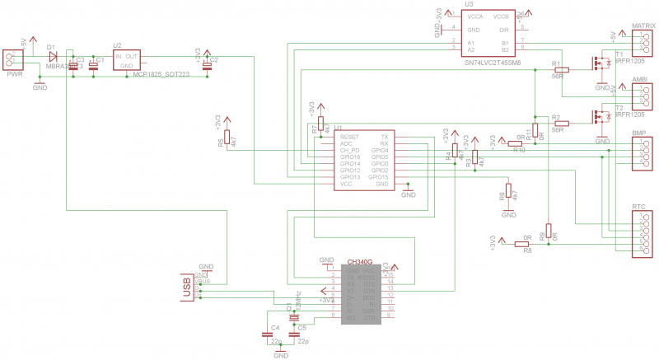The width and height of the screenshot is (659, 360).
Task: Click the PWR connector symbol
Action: coord(14,58)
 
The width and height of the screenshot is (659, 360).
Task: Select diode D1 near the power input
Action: coord(54,57)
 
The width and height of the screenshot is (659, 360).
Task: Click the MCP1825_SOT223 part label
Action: coord(161,73)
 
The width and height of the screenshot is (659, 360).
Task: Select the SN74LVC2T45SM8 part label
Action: coord(492,62)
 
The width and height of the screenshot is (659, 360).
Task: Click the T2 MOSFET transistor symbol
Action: coord(599,117)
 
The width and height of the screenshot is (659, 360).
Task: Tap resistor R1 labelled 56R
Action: coord(562,69)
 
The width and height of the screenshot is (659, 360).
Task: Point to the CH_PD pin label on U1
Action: coord(350,150)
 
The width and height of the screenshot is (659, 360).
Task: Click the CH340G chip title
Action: coord(360,261)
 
